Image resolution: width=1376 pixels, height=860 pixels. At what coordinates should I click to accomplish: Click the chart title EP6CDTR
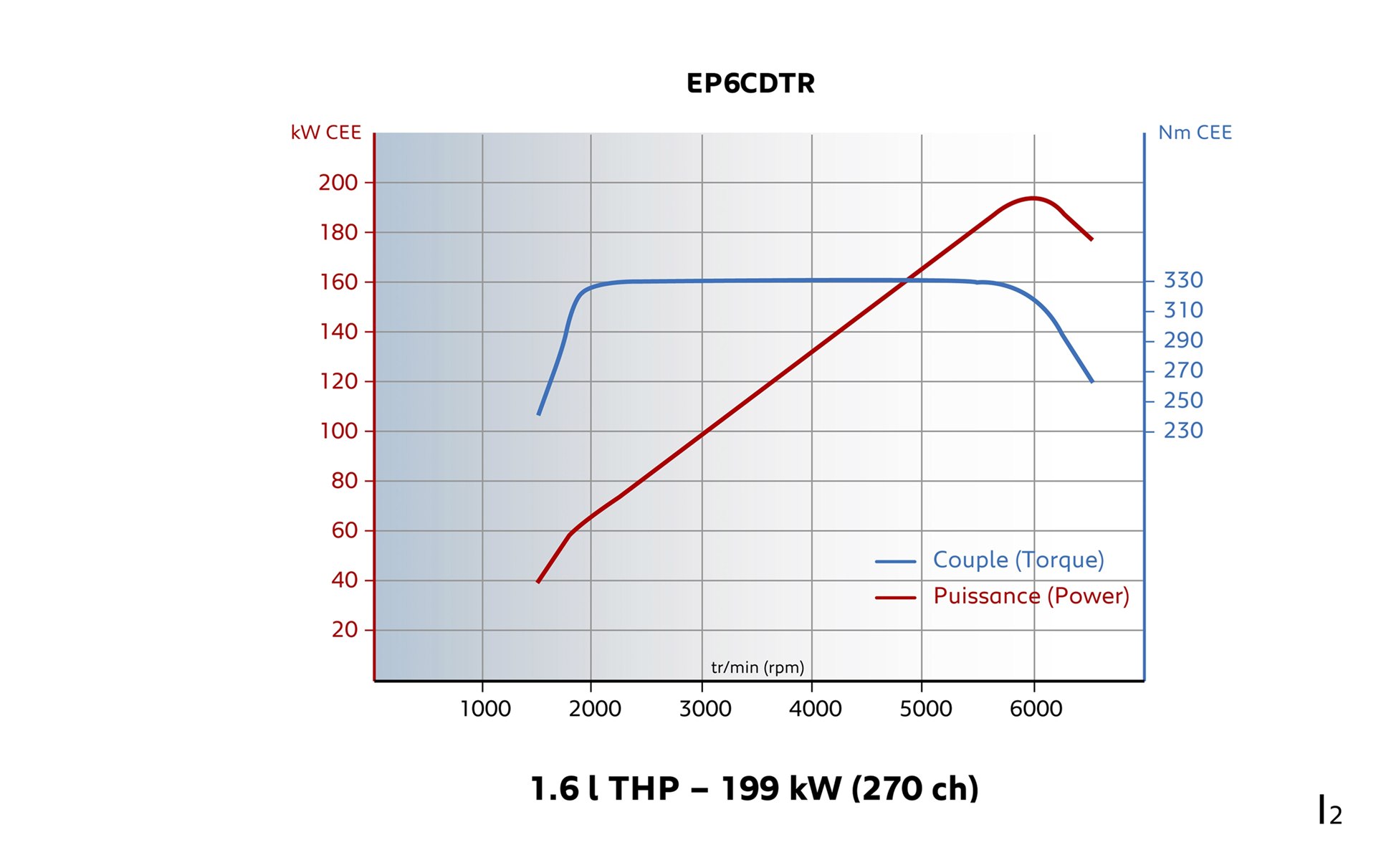(750, 83)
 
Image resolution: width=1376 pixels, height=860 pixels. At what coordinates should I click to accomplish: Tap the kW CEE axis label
(325, 133)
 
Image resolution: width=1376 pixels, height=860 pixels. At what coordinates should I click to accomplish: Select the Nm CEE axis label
(1195, 133)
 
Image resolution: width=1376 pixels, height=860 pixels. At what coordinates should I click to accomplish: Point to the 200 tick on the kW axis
(338, 183)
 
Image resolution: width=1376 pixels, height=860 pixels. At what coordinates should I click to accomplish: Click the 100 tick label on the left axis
(338, 431)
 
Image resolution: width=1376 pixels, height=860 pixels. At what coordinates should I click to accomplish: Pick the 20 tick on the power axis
(344, 630)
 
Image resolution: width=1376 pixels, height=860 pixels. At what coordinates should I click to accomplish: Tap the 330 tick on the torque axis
(1182, 280)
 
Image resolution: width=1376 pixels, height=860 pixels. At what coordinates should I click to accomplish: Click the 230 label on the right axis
(1182, 431)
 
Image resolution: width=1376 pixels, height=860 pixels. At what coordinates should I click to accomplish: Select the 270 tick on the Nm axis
(1182, 371)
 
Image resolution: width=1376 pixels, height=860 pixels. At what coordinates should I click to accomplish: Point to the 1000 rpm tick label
(485, 709)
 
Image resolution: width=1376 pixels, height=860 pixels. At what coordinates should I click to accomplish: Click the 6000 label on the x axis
(1036, 709)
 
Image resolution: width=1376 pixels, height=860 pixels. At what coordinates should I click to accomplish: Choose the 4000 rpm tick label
(815, 709)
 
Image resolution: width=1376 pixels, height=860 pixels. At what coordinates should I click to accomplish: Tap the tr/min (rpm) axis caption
(758, 667)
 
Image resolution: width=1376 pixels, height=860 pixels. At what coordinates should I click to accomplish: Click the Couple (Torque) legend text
(1018, 560)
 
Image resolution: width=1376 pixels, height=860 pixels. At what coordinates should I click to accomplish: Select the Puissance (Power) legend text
(1031, 596)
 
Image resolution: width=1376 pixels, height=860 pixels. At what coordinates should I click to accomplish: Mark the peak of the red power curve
(1032, 198)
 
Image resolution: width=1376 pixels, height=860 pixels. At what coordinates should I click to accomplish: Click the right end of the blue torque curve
(1091, 381)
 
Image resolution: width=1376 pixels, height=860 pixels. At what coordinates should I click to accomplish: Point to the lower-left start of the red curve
(538, 581)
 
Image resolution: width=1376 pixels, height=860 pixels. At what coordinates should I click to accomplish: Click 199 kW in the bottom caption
(781, 788)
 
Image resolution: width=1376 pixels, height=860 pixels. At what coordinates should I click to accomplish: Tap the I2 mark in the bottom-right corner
(1330, 811)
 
